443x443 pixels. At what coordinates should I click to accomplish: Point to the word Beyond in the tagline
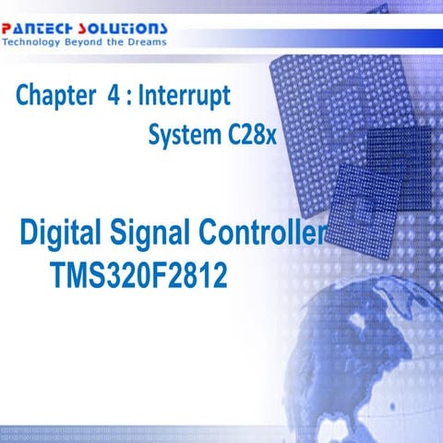tap(85, 42)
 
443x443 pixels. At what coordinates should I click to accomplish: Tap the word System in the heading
tap(181, 137)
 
